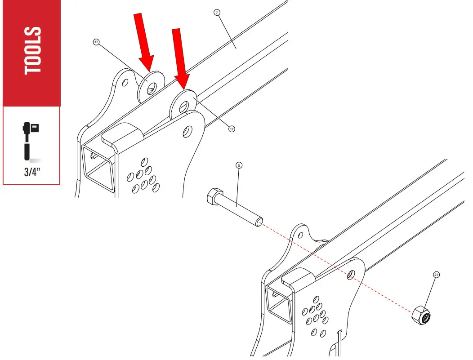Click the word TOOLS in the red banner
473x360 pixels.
(33, 50)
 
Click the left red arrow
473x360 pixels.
(145, 43)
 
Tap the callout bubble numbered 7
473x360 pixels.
(217, 13)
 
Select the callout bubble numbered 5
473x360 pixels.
(239, 165)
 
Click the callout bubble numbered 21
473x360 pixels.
(436, 274)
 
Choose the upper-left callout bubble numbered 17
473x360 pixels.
(96, 42)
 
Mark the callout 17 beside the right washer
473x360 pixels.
(232, 129)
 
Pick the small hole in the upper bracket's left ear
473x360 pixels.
(125, 83)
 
